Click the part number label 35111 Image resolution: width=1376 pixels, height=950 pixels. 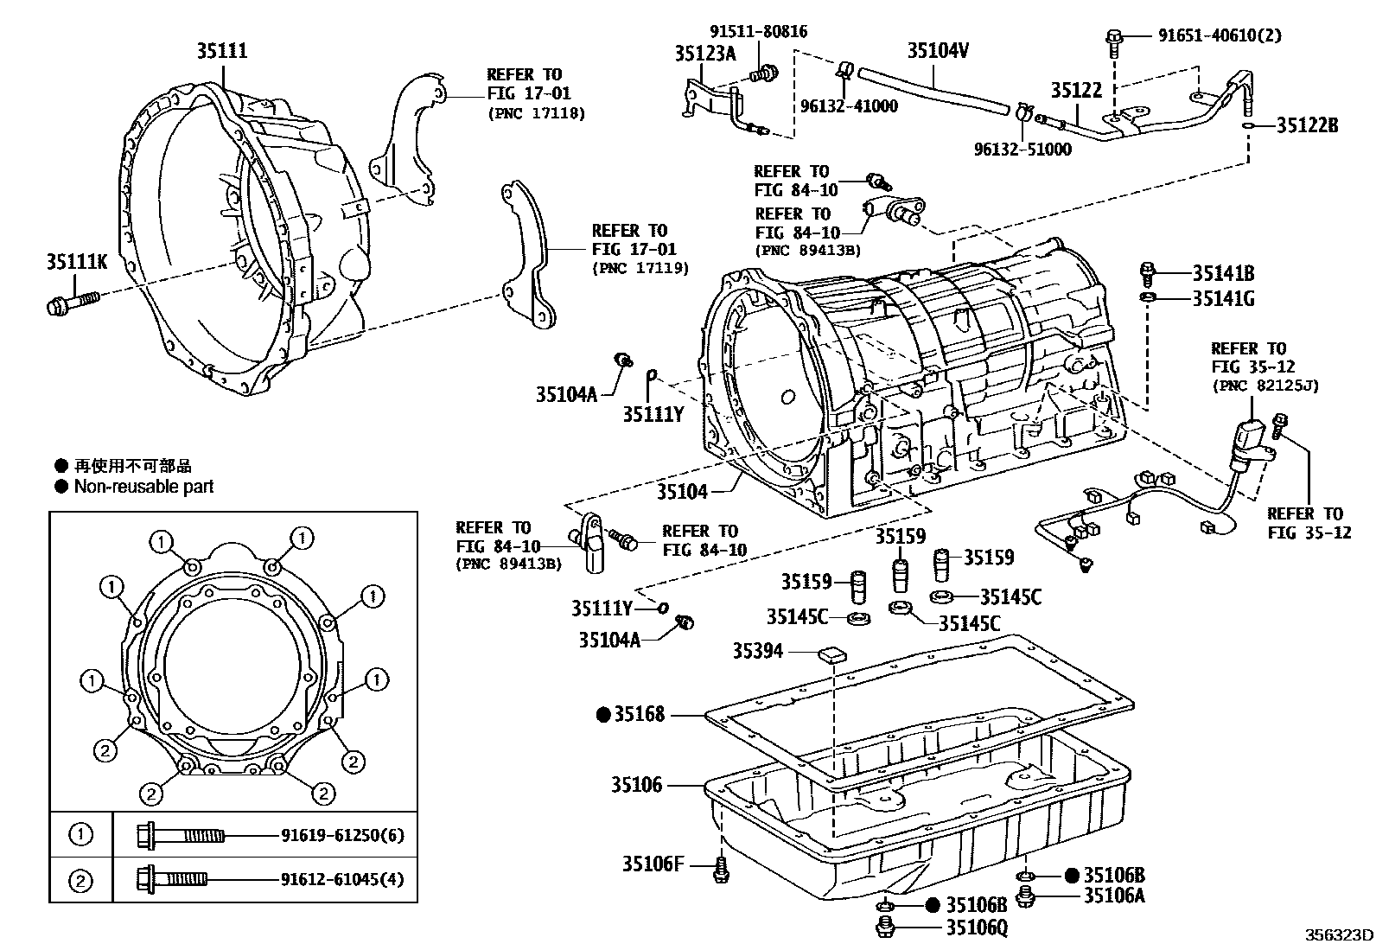222,50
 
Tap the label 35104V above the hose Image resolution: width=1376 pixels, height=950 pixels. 938,50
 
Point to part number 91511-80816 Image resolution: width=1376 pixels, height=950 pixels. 759,31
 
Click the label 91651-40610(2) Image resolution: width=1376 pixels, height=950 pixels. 1220,35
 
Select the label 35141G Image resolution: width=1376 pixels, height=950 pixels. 1224,298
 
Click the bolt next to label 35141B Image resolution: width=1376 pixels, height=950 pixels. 1147,273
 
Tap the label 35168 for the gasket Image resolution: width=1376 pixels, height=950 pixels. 640,714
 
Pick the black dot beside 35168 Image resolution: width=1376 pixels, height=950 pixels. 604,715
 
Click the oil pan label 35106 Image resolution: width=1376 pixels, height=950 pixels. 637,785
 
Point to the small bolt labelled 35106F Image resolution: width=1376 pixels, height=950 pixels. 721,870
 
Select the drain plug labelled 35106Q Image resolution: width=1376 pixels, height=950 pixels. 885,926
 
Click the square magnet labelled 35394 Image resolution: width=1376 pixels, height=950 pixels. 832,655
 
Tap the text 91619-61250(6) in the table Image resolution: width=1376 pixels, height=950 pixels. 343,835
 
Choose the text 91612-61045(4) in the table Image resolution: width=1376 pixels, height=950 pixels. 343,879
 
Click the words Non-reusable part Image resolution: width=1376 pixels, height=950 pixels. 143,487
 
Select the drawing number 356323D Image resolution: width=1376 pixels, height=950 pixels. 1339,934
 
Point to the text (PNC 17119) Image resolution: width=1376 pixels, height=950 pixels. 640,269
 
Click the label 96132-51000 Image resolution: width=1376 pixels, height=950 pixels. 1022,150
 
